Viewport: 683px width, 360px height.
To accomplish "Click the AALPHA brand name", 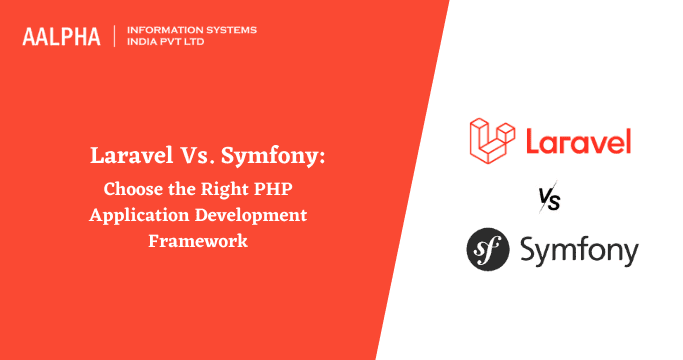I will (62, 37).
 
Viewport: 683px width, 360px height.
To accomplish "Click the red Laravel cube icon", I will (492, 141).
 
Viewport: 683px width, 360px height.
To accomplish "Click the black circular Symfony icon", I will (490, 250).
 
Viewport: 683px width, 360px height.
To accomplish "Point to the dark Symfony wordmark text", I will (579, 251).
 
